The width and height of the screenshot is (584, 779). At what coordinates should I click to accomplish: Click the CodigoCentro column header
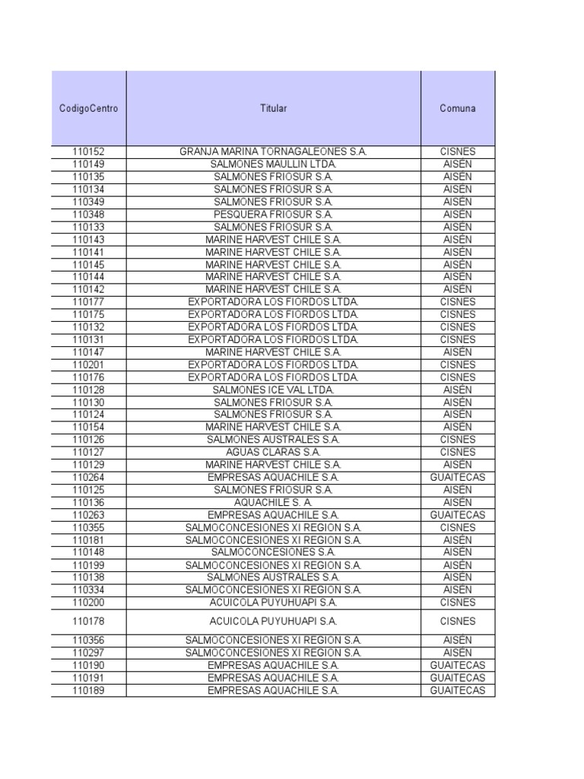(x=88, y=108)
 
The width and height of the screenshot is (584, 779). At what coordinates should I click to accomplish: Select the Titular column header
(x=273, y=108)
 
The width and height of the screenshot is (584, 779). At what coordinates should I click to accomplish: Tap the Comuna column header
(x=457, y=108)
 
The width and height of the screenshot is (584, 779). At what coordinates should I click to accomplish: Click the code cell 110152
(x=88, y=152)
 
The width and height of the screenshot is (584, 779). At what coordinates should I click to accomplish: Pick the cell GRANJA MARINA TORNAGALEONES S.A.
(x=273, y=152)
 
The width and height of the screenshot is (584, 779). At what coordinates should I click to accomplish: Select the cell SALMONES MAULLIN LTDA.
(x=273, y=164)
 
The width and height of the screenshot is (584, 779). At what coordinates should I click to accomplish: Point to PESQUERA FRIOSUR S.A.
(x=273, y=215)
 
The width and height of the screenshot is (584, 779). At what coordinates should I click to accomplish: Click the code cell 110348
(x=88, y=215)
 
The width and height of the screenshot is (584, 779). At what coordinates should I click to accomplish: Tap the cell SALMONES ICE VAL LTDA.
(x=273, y=389)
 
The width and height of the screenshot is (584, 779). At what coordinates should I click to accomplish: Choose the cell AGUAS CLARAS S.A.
(x=273, y=452)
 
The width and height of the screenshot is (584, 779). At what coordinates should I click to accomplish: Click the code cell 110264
(x=88, y=477)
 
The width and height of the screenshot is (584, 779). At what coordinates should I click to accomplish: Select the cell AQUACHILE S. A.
(x=273, y=502)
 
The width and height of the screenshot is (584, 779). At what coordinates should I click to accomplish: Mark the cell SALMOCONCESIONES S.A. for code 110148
(x=273, y=552)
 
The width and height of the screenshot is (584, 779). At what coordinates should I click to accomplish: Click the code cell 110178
(x=88, y=621)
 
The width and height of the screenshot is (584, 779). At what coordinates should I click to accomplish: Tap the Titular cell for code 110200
(x=273, y=603)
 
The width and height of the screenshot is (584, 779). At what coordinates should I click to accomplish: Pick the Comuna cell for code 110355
(x=457, y=527)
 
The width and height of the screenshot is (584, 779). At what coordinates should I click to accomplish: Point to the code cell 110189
(x=88, y=690)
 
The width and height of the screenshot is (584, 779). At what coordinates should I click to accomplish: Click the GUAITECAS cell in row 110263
(x=457, y=515)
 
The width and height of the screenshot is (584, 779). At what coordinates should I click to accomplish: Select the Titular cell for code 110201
(x=273, y=364)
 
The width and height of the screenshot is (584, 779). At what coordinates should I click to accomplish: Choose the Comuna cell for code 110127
(x=457, y=452)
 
